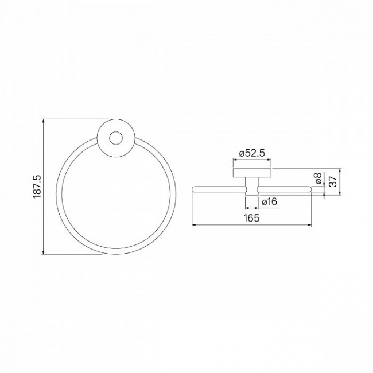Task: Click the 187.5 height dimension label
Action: pos(37,187)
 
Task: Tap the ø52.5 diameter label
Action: pos(252,153)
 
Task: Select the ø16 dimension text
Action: pos(270,202)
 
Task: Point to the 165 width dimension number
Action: pos(251,218)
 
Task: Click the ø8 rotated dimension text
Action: pos(318,178)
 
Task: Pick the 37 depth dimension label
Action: pos(333,181)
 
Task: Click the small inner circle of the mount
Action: pos(116,138)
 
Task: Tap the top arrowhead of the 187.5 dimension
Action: pos(43,121)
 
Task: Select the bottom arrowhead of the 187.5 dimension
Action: pos(43,252)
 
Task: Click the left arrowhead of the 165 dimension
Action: pos(195,225)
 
